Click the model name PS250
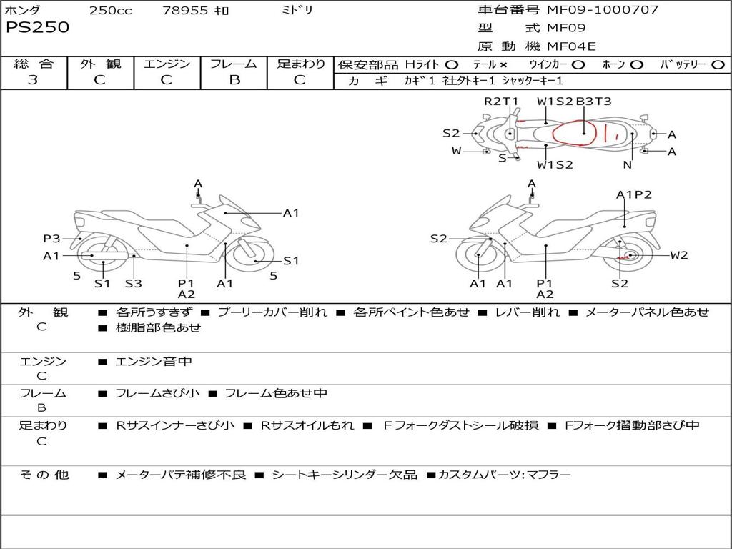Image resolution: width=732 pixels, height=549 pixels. click(x=38, y=28)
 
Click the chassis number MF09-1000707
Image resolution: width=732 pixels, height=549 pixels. click(x=602, y=10)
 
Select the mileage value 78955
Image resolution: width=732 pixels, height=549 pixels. click(x=185, y=11)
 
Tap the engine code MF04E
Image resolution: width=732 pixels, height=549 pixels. click(x=571, y=47)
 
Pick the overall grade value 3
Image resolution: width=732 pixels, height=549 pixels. click(x=33, y=80)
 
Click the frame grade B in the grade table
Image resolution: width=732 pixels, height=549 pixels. click(x=234, y=80)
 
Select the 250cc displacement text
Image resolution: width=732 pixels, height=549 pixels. click(x=110, y=11)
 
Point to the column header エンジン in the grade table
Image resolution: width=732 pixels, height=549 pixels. click(x=167, y=64)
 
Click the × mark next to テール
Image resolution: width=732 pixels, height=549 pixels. click(x=503, y=65)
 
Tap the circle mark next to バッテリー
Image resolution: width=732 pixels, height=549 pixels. click(x=717, y=65)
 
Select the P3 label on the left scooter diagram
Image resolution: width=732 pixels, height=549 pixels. click(x=51, y=239)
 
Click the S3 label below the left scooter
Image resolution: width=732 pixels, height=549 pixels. click(x=134, y=283)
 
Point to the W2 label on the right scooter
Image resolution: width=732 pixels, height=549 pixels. click(x=678, y=255)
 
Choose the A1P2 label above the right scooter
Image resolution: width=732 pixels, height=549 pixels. click(x=633, y=194)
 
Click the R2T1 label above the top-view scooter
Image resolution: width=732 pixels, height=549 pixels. click(x=501, y=102)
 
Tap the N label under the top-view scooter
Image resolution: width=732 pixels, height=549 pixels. click(x=627, y=164)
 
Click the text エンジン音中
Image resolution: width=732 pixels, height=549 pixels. click(x=154, y=362)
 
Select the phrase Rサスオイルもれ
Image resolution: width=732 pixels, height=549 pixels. click(x=307, y=425)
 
